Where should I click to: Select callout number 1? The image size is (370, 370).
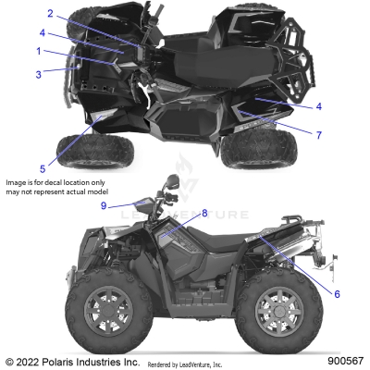39,51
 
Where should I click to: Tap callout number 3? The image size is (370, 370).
39,73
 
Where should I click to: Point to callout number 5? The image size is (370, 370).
43,167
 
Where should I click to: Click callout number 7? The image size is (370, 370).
318,135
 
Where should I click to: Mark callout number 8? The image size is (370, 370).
204,214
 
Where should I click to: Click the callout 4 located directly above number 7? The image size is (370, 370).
318,105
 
